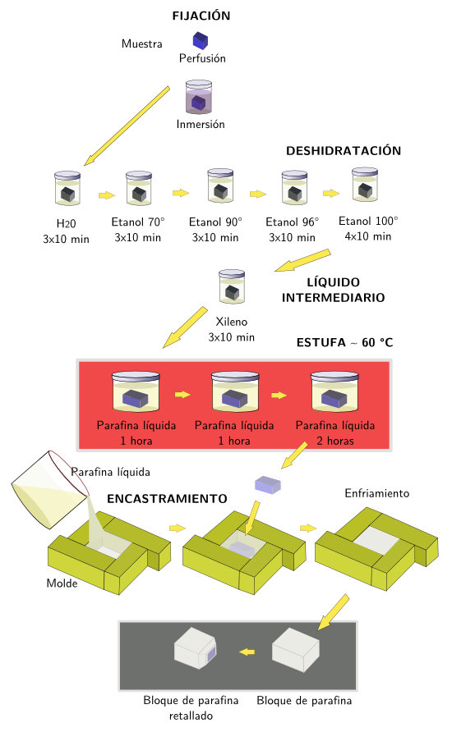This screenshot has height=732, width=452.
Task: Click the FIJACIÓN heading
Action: [x=201, y=16]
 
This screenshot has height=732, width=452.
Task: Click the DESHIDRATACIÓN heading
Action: [x=343, y=151]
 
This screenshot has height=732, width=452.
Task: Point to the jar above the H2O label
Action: [x=67, y=188]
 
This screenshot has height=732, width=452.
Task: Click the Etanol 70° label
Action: [x=138, y=222]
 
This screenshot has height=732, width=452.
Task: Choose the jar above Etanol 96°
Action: [x=294, y=187]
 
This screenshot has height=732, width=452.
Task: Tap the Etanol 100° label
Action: [x=367, y=221]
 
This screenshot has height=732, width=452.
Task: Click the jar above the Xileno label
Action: [x=231, y=286]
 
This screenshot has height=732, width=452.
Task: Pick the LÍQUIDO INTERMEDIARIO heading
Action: [x=333, y=290]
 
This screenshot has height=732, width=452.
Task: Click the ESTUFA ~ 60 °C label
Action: [x=344, y=341]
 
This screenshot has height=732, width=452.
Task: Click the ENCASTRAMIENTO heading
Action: [x=167, y=498]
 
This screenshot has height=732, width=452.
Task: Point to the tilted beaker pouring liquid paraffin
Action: [x=48, y=491]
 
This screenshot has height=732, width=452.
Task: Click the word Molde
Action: [x=62, y=583]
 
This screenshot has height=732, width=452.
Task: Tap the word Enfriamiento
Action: [x=376, y=493]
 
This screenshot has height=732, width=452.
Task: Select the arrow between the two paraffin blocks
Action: [x=246, y=652]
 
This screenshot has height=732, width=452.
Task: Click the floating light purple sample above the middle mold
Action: [x=268, y=483]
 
